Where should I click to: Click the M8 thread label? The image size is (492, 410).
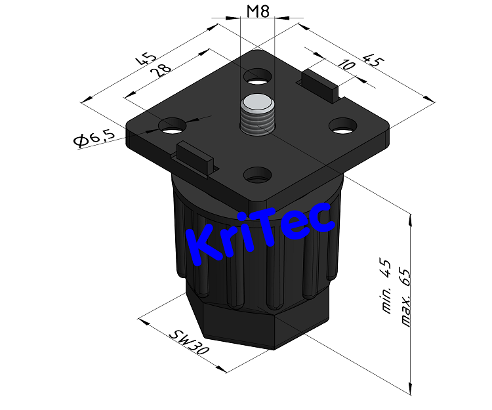pos(258,11)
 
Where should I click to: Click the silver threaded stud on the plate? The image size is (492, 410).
pos(257,114)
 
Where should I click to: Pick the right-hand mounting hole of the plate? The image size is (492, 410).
pos(342,125)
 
